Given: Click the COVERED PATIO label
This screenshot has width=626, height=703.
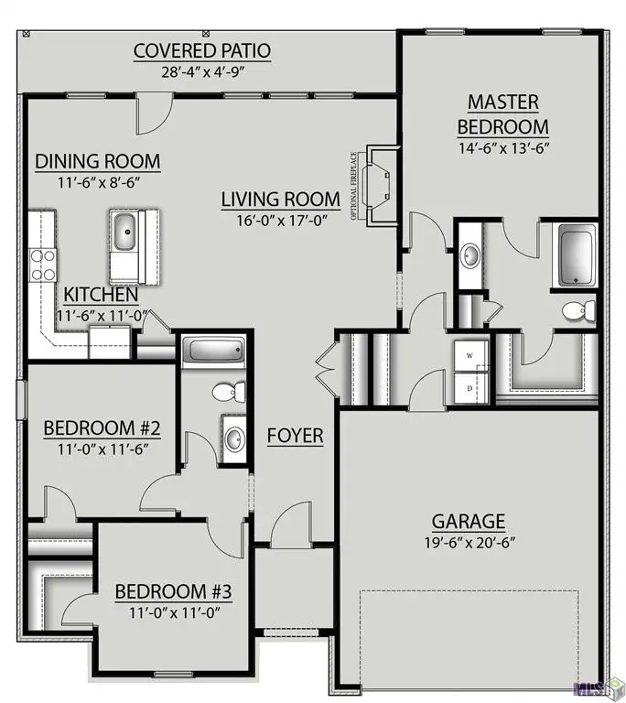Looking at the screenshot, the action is (201, 51).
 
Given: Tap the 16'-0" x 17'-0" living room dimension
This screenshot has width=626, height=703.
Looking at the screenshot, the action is (281, 221).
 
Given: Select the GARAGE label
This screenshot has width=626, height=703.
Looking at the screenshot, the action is (469, 522).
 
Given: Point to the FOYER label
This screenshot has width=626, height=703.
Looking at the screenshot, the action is (295, 436).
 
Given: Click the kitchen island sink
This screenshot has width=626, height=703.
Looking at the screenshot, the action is (124, 232).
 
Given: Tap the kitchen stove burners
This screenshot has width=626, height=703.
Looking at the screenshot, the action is (43, 265).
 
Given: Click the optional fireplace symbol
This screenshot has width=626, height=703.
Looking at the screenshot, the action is (381, 185).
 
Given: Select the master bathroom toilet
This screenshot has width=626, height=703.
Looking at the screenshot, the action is (578, 311).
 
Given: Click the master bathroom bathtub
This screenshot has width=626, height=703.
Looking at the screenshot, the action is (577, 254).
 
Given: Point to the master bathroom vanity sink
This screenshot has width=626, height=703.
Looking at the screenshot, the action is (470, 256).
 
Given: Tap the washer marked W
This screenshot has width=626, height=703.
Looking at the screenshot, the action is (470, 356).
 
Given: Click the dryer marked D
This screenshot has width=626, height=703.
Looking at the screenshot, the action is (470, 388).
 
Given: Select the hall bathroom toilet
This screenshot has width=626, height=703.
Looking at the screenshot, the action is (229, 393).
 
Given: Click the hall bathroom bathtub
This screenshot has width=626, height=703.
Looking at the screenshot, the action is (213, 350).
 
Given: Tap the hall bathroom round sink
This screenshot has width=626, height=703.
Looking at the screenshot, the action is (234, 439).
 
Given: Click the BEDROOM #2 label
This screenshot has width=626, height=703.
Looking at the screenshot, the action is (102, 428).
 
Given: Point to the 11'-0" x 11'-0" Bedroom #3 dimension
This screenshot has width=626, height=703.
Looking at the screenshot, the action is (175, 612).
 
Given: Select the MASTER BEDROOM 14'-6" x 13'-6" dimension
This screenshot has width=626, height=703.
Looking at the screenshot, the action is (503, 148).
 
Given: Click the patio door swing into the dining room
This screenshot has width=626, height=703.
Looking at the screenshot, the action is (155, 114).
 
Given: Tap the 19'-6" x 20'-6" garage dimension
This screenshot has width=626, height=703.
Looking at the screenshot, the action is (469, 543).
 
